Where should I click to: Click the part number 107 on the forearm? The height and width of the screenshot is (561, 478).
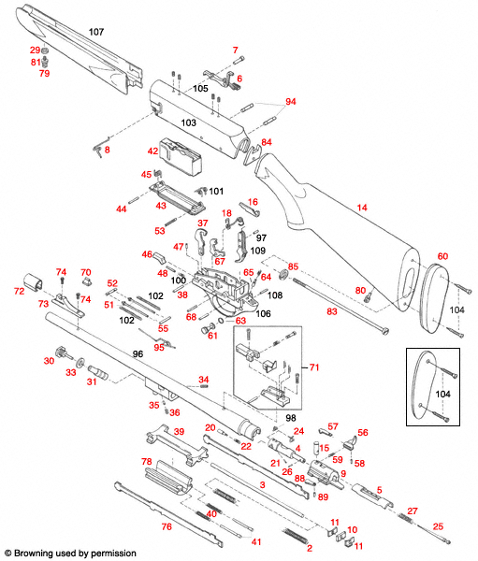(95, 33)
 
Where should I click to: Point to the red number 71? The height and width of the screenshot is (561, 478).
(314, 367)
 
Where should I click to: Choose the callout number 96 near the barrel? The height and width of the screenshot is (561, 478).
(137, 354)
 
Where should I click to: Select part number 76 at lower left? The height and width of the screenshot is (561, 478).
(167, 526)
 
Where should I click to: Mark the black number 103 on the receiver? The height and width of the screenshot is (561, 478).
(188, 122)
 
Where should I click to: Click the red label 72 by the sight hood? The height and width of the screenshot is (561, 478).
(18, 292)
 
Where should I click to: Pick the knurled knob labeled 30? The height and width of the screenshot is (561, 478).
(63, 352)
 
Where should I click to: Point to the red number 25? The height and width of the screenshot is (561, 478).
(439, 527)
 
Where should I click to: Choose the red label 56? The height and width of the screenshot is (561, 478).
(363, 433)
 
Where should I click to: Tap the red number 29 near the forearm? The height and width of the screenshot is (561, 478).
(35, 50)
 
